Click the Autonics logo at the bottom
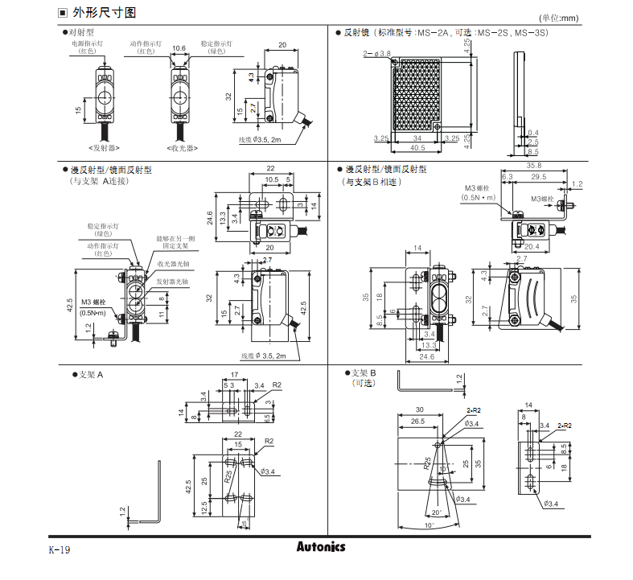click(319, 547)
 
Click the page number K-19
click(60, 550)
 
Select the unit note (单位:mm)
click(558, 18)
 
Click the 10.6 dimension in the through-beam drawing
click(179, 48)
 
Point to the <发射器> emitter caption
click(104, 148)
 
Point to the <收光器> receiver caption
click(183, 148)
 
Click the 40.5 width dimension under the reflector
click(418, 148)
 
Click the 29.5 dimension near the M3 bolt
click(539, 176)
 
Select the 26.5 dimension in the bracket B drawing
click(417, 421)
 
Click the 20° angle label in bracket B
click(437, 512)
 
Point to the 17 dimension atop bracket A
click(234, 375)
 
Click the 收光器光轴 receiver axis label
click(173, 264)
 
